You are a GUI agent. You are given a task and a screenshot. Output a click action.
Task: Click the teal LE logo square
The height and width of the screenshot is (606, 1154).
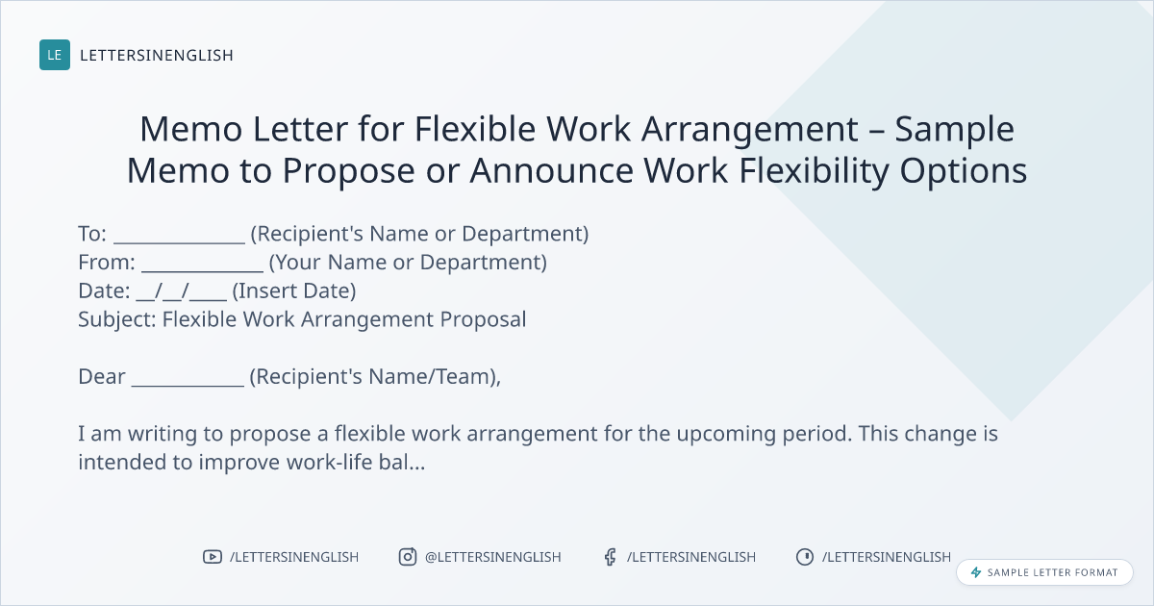55,55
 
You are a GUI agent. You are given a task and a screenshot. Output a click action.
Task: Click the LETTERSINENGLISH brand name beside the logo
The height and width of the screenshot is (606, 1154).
157,55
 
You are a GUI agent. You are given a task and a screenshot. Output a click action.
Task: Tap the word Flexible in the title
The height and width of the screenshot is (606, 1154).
474,128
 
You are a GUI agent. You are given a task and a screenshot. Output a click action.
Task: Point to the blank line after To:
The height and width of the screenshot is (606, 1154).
179,242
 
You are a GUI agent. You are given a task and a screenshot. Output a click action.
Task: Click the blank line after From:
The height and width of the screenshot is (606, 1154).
203,270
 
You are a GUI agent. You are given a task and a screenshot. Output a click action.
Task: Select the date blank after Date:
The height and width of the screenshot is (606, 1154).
182,291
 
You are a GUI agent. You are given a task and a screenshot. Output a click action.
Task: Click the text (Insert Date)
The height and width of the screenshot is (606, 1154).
294,291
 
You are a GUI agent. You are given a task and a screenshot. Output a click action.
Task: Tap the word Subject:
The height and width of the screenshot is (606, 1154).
117,320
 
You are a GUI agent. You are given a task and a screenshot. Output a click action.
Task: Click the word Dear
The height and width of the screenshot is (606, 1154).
102,377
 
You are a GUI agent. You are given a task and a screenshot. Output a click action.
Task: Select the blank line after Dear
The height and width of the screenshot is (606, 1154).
188,385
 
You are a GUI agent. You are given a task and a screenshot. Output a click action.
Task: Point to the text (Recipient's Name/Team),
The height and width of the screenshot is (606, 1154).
375,377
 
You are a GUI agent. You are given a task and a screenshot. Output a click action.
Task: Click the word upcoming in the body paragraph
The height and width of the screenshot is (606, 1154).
726,435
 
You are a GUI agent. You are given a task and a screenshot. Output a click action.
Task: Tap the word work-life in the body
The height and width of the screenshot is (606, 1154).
329,463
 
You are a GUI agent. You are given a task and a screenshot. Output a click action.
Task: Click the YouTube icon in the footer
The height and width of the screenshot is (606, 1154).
213,557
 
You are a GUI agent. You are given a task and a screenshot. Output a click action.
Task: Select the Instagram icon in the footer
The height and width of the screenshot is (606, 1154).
408,557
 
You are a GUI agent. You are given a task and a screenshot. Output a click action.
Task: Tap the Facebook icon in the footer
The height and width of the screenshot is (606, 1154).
611,557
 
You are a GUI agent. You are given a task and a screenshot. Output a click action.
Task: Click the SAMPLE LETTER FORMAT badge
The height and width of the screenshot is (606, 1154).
1044,572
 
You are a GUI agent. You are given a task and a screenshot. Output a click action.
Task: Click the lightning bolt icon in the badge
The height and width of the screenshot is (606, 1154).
976,572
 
